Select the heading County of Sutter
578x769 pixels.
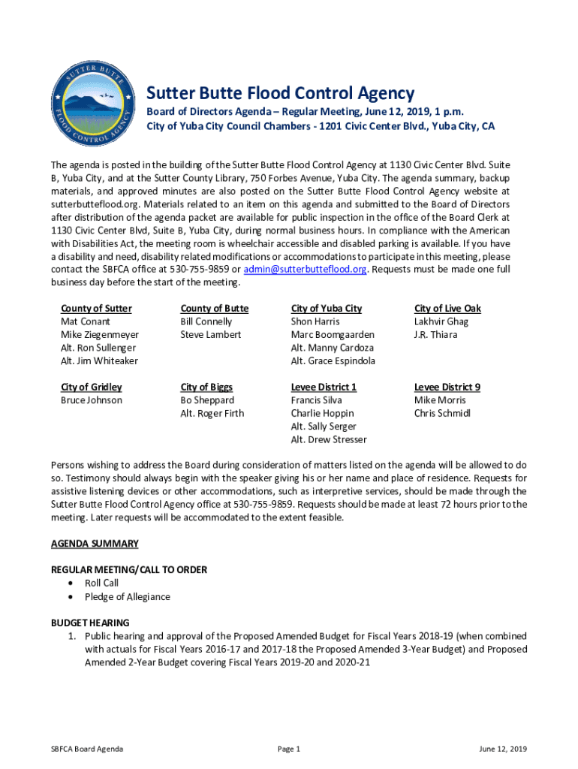tap(96, 309)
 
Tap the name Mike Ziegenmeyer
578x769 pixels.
tap(99, 335)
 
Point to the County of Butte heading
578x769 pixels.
tap(214, 309)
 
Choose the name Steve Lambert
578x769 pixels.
tap(210, 335)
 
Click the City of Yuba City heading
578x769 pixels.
tap(326, 309)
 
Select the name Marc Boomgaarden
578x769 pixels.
tap(333, 335)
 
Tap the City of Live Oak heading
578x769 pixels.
tap(447, 309)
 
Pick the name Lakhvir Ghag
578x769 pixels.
tap(441, 321)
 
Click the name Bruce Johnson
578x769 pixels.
tap(92, 400)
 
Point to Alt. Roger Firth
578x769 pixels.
tap(212, 414)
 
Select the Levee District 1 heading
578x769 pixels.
tap(324, 388)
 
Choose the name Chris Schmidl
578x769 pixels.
tap(442, 414)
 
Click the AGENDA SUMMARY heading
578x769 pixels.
tap(95, 544)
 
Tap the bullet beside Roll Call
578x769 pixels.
tap(71, 584)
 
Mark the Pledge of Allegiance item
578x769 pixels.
tap(127, 597)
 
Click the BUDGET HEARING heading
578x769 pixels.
tap(90, 623)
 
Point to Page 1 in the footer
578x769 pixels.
tap(289, 749)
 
